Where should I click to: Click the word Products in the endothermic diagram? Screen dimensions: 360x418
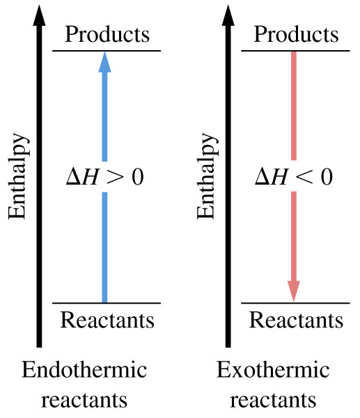coord(107,34)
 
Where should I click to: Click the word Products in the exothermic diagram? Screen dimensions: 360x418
coord(296,34)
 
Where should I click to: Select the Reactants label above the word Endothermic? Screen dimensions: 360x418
coord(107,320)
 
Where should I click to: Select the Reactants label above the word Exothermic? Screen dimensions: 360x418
coord(296,320)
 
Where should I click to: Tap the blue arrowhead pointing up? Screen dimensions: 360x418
coord(104,62)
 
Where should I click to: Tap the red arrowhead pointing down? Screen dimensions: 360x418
coord(294,291)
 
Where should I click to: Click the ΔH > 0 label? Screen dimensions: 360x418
coord(104,177)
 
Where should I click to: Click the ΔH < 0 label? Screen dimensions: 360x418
coord(294,177)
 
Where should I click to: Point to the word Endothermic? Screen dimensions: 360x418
coord(84,370)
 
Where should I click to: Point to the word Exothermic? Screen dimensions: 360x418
coord(273,370)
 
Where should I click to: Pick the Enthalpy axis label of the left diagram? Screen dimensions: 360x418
coord(19,176)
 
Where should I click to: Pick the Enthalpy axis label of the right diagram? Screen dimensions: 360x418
coord(208,176)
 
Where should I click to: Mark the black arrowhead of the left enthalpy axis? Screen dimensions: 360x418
coord(39,15)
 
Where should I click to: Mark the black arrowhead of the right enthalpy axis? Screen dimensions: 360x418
coord(228,15)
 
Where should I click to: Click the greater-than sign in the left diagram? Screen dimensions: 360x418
coord(115,177)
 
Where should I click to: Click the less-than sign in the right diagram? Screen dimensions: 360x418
coord(304,177)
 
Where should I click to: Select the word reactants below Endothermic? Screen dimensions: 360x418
coord(84,400)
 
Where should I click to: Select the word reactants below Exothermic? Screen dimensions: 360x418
coord(273,400)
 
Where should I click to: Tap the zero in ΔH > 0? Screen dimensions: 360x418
coord(138,177)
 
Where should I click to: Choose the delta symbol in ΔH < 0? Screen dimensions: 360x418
coord(262,177)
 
